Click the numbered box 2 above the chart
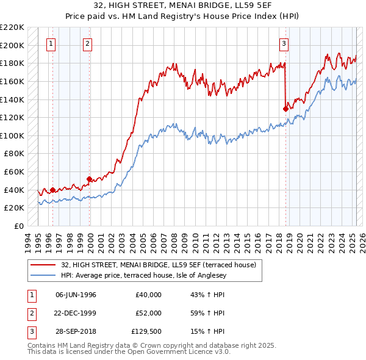click(x=88, y=43)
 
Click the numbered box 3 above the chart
click(x=284, y=43)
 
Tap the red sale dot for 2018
click(x=285, y=109)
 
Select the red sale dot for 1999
click(x=90, y=179)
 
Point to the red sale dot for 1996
click(x=52, y=190)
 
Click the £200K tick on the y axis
click(x=12, y=45)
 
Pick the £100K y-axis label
click(x=12, y=135)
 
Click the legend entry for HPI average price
click(x=143, y=276)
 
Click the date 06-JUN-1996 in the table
click(x=76, y=295)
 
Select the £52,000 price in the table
click(x=148, y=313)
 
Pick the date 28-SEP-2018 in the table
click(x=76, y=331)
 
